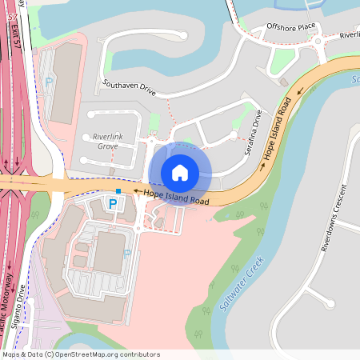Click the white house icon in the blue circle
[180, 172]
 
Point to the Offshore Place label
[286, 28]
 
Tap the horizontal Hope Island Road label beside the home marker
[176, 197]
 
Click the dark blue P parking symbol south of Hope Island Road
[113, 205]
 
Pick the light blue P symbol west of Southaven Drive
[48, 82]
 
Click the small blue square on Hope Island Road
[118, 191]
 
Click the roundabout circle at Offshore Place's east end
[318, 41]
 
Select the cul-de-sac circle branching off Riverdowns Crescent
[329, 302]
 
